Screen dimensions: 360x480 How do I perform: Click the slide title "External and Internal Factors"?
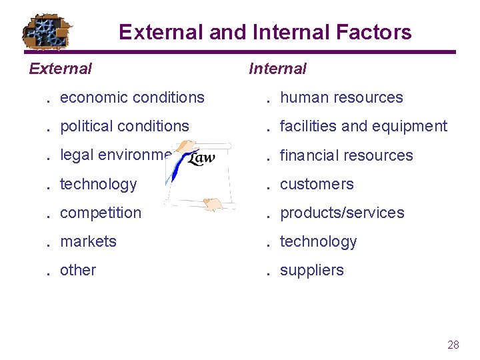click(265, 32)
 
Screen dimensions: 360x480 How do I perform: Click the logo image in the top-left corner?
click(47, 31)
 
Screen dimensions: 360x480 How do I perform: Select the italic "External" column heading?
click(61, 68)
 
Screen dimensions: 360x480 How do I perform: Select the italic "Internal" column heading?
click(277, 68)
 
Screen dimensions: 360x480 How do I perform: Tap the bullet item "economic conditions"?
click(132, 97)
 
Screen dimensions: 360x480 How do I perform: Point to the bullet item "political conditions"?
click(125, 126)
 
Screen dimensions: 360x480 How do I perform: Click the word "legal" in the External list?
click(75, 155)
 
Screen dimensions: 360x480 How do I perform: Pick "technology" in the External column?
click(98, 184)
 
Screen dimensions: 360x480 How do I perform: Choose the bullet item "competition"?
click(101, 213)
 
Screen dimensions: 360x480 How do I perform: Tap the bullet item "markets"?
click(88, 241)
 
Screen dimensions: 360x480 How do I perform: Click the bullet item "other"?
click(78, 270)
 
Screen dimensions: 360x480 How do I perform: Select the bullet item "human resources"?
click(341, 97)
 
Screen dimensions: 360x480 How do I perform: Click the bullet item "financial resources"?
click(347, 155)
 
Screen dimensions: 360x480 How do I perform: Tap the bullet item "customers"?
click(317, 184)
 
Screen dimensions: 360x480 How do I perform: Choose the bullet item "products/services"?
click(342, 213)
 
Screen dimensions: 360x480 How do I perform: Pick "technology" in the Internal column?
click(318, 241)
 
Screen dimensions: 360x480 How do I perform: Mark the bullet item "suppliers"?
click(312, 270)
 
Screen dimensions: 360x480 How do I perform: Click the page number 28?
click(453, 345)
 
